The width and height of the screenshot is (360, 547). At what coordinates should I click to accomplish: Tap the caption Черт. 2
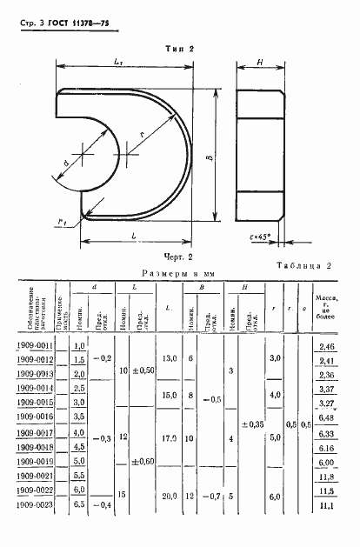click(177, 257)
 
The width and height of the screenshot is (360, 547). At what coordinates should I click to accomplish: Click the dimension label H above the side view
click(259, 63)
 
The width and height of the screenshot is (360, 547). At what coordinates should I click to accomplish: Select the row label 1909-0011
click(35, 345)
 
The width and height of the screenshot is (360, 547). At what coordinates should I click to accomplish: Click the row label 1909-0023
click(35, 504)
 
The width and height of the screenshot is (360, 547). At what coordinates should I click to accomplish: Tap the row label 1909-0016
click(35, 417)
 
